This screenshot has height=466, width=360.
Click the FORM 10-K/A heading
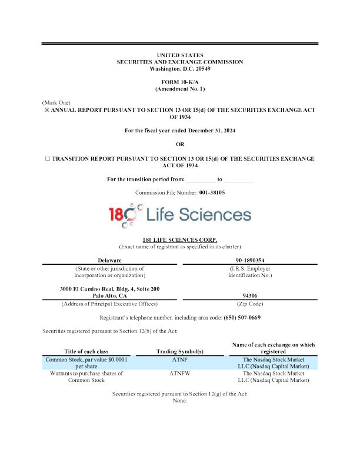[x=179, y=82]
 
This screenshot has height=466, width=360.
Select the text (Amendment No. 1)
[x=179, y=88]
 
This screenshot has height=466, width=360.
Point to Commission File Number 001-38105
[x=180, y=192]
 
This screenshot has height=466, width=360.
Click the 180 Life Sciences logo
[x=180, y=215]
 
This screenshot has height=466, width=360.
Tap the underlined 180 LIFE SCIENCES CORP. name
[x=180, y=240]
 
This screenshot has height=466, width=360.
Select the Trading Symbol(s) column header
[x=179, y=352]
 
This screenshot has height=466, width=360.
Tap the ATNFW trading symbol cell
[x=179, y=373]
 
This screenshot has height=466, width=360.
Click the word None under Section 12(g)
[x=179, y=400]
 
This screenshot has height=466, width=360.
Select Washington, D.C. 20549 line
[x=180, y=68]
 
